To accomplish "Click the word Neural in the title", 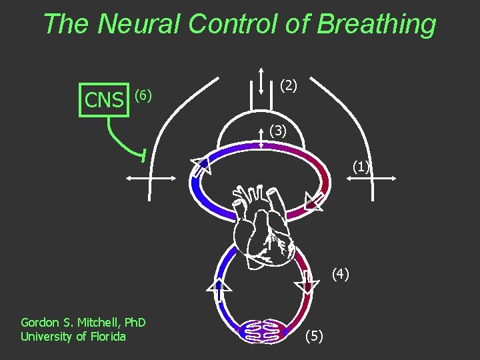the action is tap(139, 24).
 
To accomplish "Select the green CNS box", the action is tap(104, 100).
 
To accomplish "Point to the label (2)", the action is tap(289, 85).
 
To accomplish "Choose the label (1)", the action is tap(361, 167).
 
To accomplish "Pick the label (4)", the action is tap(340, 273).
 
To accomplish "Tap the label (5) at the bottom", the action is tap(314, 337).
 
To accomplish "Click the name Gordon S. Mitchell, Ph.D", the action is tap(83, 323).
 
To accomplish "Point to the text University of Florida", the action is tap(73, 337).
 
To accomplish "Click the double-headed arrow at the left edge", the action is tap(150, 178).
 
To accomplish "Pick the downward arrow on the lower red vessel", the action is tap(307, 283).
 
